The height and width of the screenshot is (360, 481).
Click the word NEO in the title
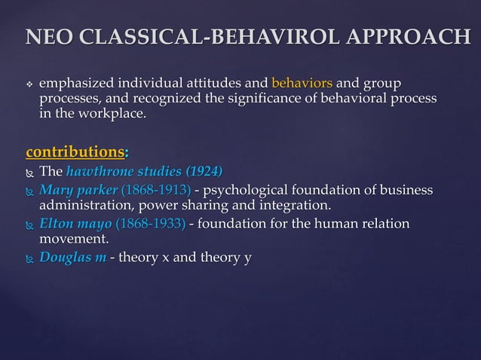point(47,36)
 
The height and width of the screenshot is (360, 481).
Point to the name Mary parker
point(74,189)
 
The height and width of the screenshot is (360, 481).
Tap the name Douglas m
point(72,258)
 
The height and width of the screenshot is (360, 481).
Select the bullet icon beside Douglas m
point(29,259)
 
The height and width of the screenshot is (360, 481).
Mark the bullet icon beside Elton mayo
point(29,224)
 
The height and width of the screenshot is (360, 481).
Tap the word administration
point(87,206)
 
